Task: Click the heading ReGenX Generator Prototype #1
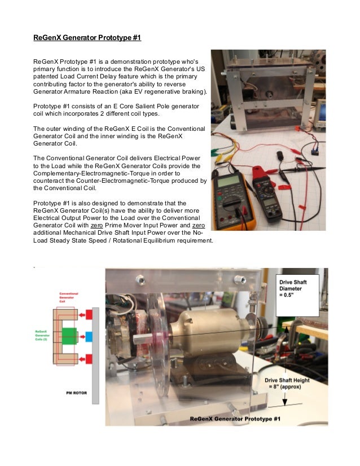[87, 38]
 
